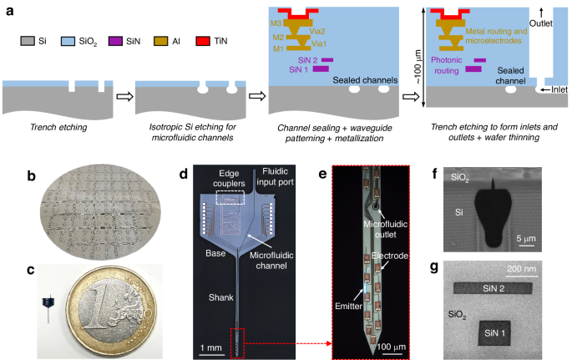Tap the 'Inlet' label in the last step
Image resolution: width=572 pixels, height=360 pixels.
click(554, 89)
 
